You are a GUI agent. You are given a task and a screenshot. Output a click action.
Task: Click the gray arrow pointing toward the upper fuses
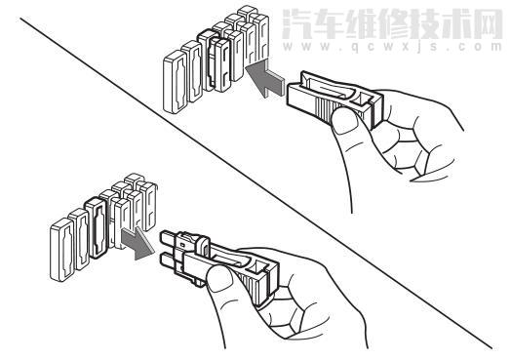[x=261, y=79]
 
